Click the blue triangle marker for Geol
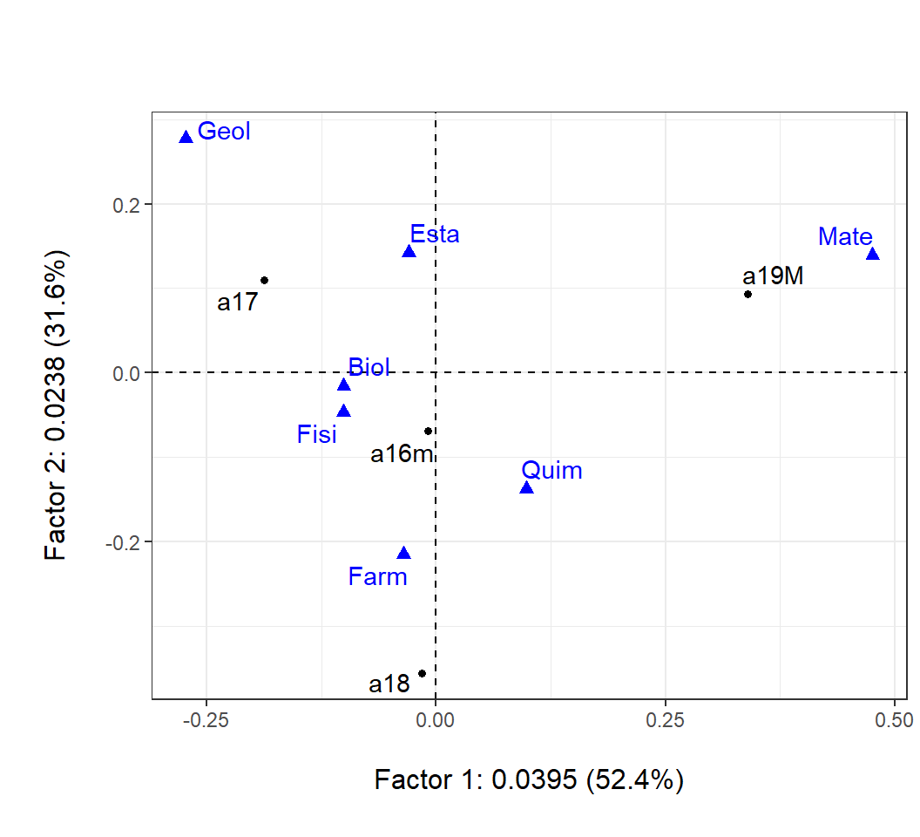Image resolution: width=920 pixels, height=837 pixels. click(186, 137)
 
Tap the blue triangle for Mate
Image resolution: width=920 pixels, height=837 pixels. click(873, 254)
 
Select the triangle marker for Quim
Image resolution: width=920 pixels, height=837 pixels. click(526, 487)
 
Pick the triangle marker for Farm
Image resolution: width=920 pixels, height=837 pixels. click(403, 553)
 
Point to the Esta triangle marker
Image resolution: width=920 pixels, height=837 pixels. click(409, 252)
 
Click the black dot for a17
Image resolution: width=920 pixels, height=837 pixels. click(264, 280)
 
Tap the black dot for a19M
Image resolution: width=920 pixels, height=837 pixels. click(747, 294)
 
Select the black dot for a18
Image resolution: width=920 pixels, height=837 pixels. click(422, 673)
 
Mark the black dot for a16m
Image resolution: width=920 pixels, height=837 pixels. click(428, 431)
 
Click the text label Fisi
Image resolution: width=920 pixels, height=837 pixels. click(316, 434)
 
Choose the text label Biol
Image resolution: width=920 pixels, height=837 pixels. click(369, 366)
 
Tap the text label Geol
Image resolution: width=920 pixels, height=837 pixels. click(224, 131)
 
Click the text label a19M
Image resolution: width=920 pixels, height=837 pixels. click(773, 276)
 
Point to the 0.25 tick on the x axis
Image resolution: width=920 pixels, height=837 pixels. click(665, 718)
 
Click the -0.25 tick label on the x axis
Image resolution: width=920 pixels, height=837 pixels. click(206, 718)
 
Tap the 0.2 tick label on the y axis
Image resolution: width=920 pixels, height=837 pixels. click(128, 204)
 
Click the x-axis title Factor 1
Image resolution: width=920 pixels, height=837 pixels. click(529, 779)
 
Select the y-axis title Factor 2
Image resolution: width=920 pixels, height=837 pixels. click(57, 405)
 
